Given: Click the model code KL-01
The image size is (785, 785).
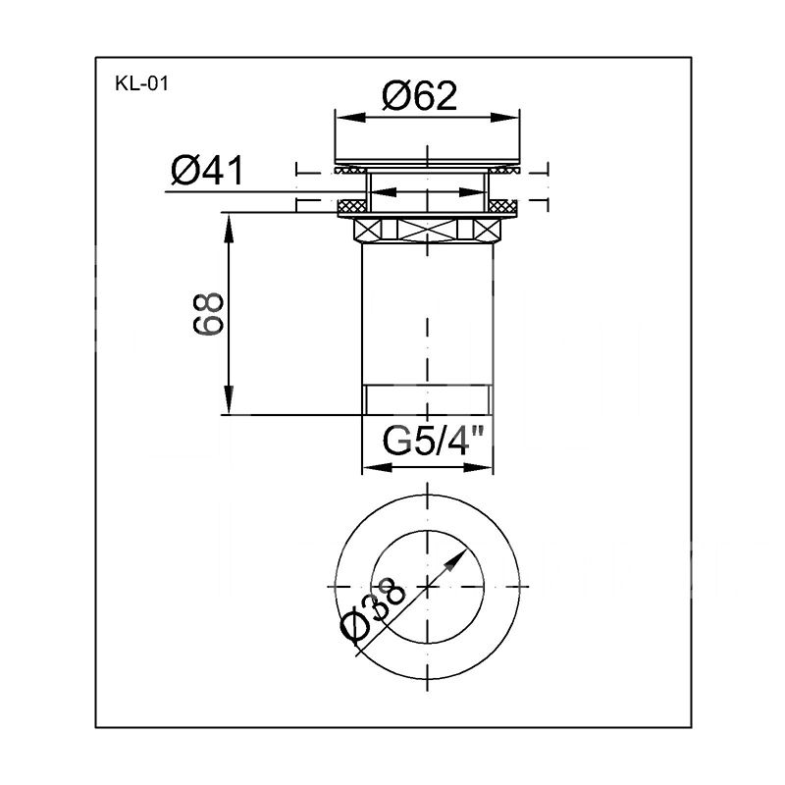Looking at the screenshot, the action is point(141,83).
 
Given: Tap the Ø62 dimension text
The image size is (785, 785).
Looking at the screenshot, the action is point(420,96).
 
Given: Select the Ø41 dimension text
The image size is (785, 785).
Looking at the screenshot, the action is point(207,171).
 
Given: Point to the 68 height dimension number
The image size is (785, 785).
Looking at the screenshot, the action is point(208,314).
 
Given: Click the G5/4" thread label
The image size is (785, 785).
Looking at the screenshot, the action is point(434,441).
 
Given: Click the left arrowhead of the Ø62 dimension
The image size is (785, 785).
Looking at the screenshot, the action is point(350,117).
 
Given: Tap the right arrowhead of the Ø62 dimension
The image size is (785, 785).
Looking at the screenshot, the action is point(504,117).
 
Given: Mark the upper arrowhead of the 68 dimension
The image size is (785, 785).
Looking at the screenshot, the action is point(229,228).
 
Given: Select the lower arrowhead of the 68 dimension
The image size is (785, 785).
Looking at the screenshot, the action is point(229,399).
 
